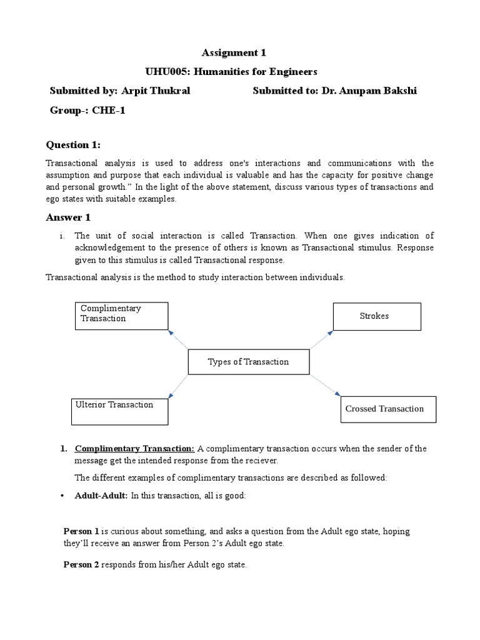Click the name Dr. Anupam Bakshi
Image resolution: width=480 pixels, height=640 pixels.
(369, 91)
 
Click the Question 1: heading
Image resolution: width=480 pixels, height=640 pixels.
(73, 145)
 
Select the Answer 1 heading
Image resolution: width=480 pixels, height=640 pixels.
(68, 217)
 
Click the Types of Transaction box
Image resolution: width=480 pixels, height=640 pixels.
(248, 362)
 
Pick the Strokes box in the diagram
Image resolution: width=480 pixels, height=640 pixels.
(376, 316)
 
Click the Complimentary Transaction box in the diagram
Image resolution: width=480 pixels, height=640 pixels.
(121, 316)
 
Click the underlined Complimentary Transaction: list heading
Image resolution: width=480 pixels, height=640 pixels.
(135, 449)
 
